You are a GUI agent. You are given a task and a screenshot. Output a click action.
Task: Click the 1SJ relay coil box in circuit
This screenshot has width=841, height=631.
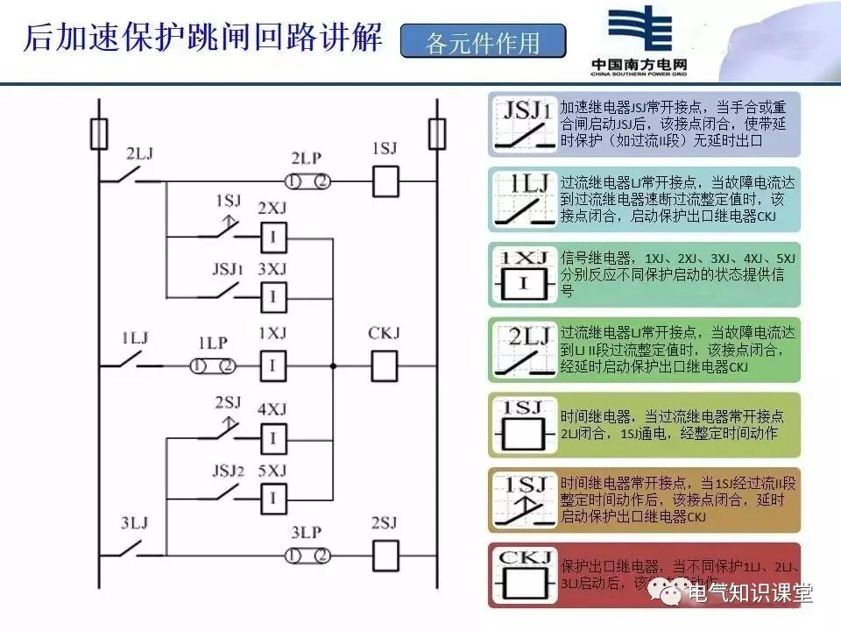tap(386, 182)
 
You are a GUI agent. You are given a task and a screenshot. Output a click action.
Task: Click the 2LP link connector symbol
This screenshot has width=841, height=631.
tap(307, 182)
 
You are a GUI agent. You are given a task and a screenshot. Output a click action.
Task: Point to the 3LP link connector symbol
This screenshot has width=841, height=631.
tap(307, 556)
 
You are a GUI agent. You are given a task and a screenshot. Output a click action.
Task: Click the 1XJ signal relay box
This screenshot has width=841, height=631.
tap(273, 365)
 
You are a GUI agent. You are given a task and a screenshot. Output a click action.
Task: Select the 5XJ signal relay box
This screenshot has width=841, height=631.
tap(273, 499)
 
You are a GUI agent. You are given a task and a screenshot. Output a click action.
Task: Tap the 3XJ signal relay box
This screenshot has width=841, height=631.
tap(273, 297)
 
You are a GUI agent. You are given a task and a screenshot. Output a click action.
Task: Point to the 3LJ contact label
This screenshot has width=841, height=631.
tap(136, 523)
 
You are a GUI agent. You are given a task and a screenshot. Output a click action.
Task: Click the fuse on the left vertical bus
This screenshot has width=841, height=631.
tap(99, 134)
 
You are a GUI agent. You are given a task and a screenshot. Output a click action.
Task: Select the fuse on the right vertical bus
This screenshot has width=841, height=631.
tap(435, 134)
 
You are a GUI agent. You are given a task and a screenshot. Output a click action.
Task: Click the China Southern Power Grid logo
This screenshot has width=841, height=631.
tap(648, 39)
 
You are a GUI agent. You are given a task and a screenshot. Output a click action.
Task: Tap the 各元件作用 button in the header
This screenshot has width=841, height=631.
tap(483, 41)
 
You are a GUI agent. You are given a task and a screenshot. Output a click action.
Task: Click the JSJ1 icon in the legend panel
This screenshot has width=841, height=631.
tap(523, 124)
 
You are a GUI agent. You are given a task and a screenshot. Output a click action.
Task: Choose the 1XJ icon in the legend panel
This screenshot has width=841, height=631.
tap(523, 274)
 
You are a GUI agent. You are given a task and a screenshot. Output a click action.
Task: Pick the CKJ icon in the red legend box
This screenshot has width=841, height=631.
tap(523, 575)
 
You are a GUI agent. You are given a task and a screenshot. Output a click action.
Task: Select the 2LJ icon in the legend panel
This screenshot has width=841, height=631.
tap(523, 350)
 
